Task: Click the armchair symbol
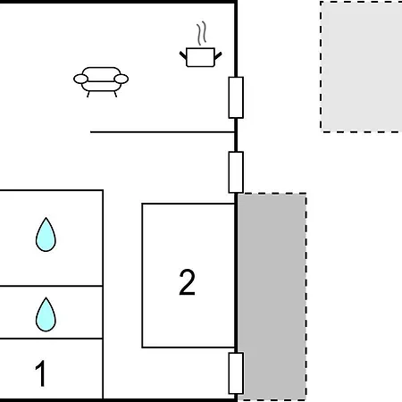click(x=101, y=82)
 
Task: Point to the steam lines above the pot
click(x=202, y=33)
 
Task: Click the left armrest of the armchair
click(x=80, y=79)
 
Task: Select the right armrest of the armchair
click(x=121, y=79)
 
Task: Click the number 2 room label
click(x=187, y=282)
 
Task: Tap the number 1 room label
click(x=40, y=373)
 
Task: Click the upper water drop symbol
click(x=46, y=235)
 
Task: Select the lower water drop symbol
click(x=46, y=314)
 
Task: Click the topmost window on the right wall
click(x=236, y=97)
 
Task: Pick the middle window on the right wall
click(x=236, y=172)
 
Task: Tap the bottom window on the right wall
click(x=236, y=373)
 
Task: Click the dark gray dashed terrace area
click(x=272, y=297)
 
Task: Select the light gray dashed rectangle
click(x=361, y=66)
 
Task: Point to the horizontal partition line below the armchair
click(x=163, y=131)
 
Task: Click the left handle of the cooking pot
click(x=183, y=55)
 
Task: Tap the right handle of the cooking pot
click(x=218, y=55)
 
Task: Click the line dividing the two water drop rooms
click(x=51, y=286)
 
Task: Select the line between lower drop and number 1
click(x=51, y=339)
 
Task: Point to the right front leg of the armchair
click(x=115, y=94)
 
